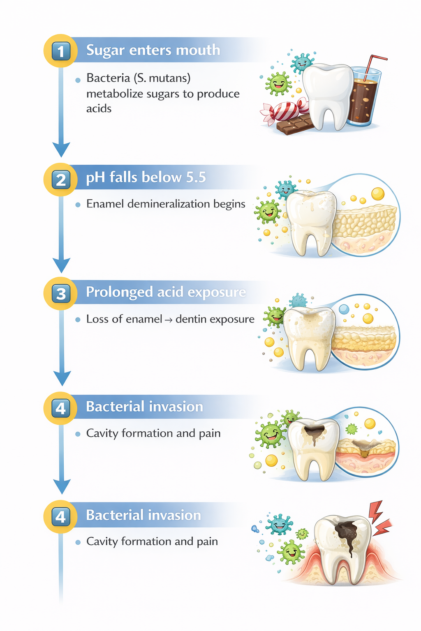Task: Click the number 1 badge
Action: click(61, 51)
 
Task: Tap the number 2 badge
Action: click(61, 180)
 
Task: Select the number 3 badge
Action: click(61, 294)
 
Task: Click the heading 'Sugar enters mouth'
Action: click(153, 50)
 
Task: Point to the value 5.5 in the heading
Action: click(196, 177)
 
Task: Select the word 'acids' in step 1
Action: click(99, 109)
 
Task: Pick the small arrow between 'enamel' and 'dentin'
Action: click(169, 320)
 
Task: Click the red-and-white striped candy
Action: click(283, 111)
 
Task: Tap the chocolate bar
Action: click(294, 124)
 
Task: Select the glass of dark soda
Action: click(363, 99)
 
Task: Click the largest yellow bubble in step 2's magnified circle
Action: click(377, 193)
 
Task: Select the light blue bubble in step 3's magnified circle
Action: click(344, 309)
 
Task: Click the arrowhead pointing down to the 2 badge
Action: click(61, 149)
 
